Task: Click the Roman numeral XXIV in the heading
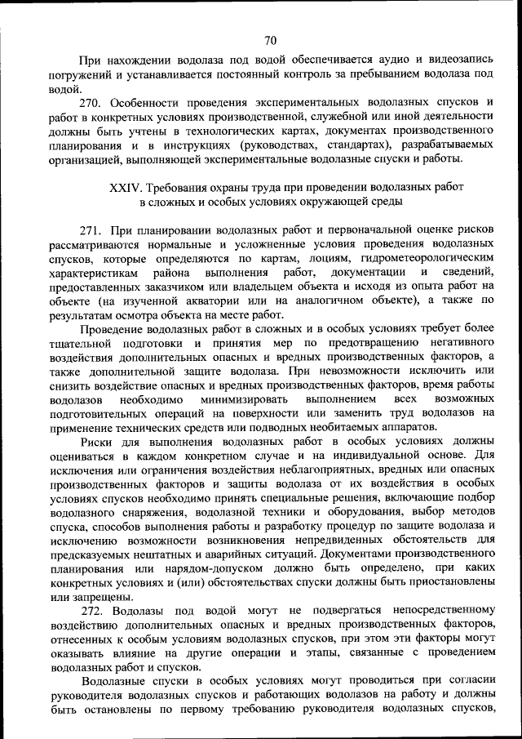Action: coord(128,187)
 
